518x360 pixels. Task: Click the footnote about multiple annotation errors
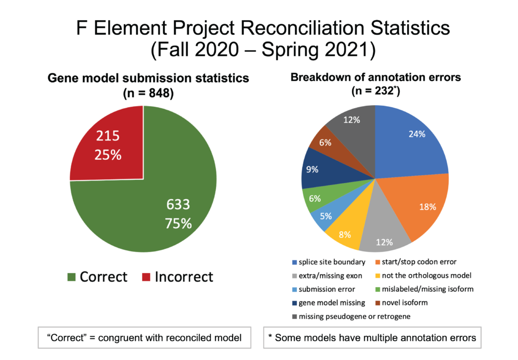coord(372,338)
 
